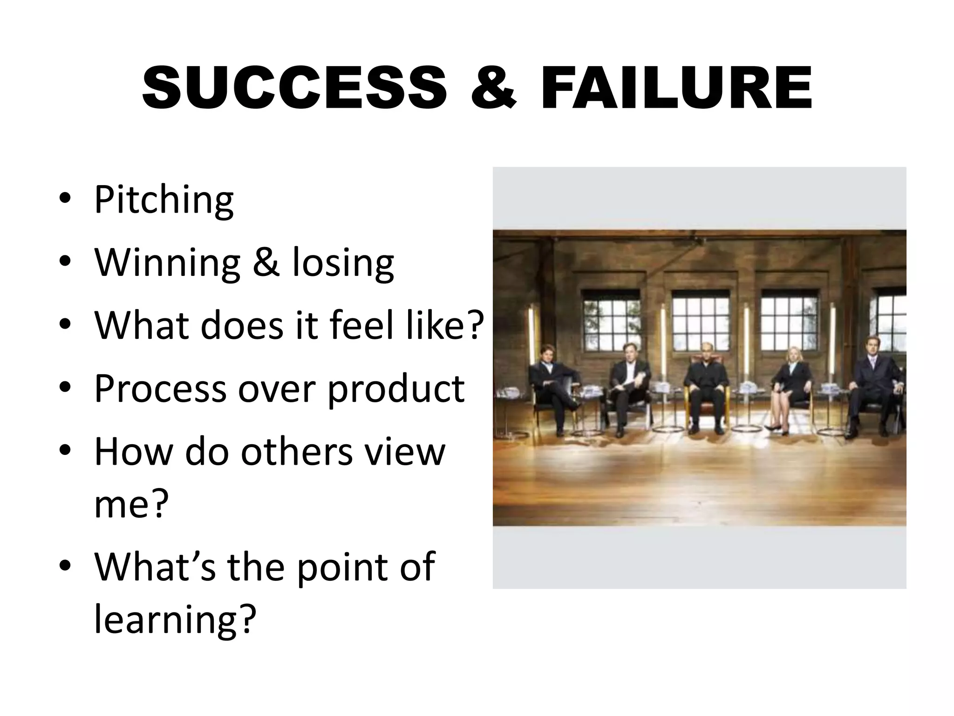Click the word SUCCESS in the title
click(294, 88)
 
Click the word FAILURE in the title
click(676, 88)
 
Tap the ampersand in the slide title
click(494, 88)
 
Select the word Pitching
click(164, 200)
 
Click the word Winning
click(167, 263)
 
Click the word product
click(396, 389)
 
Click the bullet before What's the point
click(65, 566)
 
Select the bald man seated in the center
click(707, 387)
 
